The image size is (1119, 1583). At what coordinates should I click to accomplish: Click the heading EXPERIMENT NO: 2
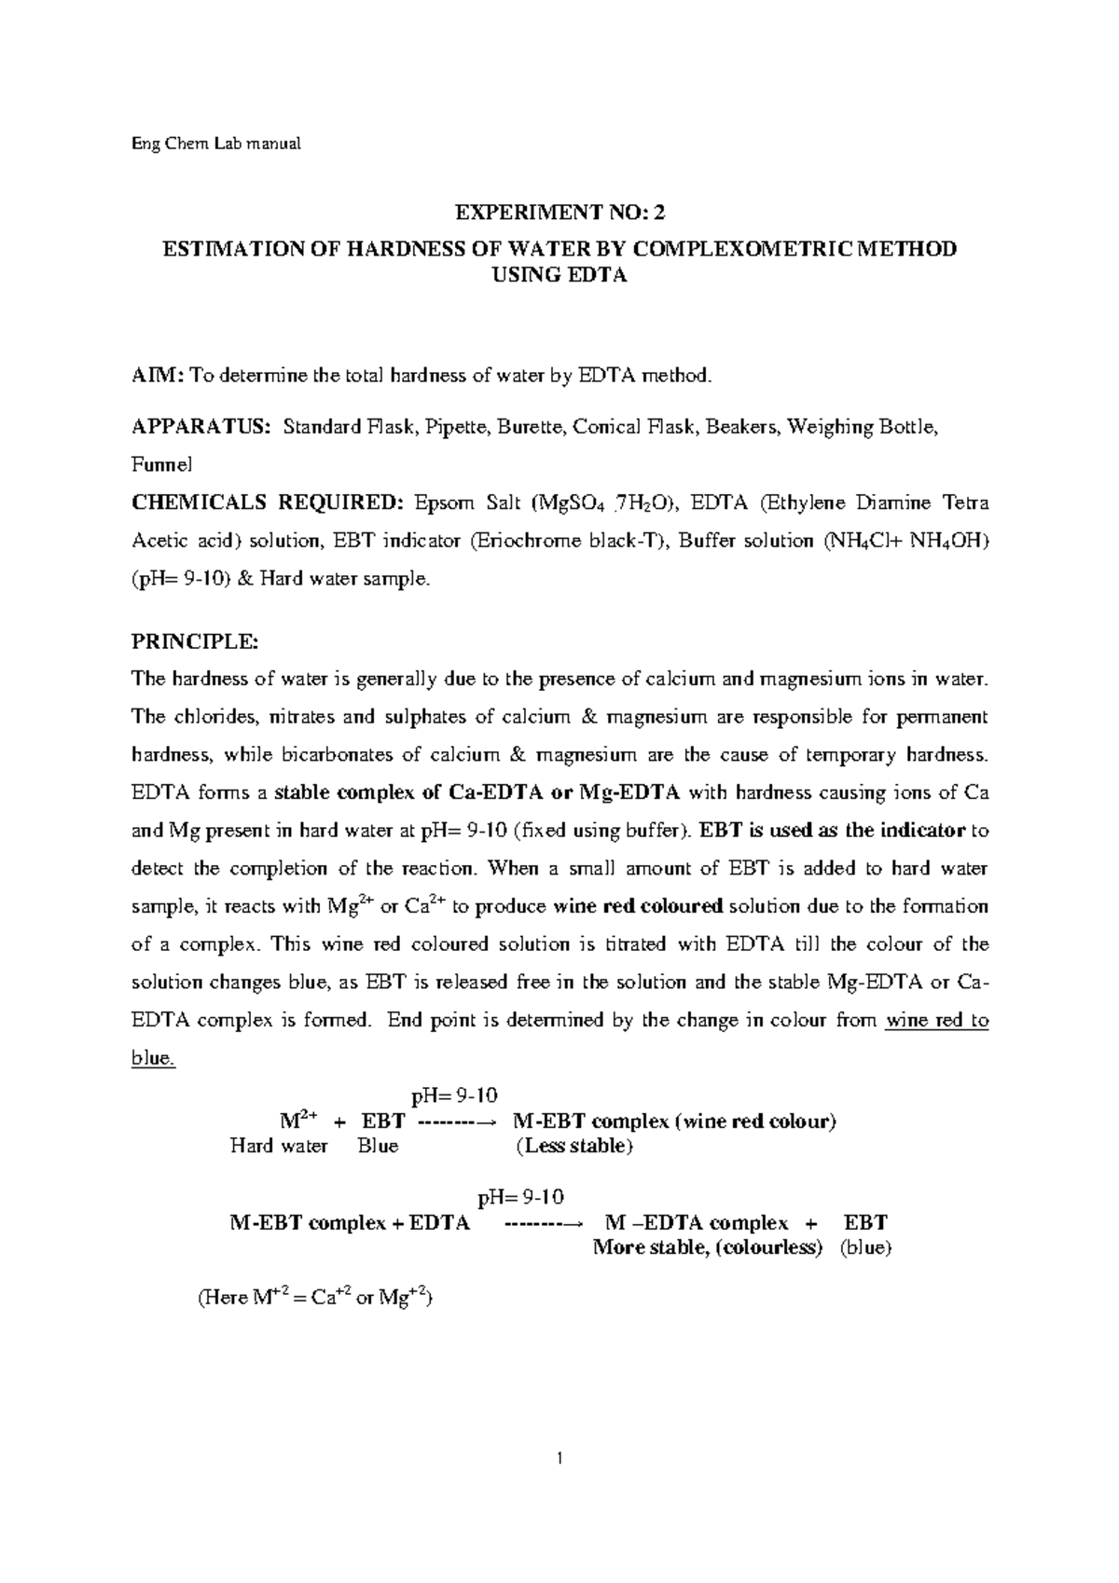point(559,213)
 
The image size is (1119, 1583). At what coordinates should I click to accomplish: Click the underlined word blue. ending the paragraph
point(153,1058)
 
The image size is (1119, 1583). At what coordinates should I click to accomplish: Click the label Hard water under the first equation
point(278,1146)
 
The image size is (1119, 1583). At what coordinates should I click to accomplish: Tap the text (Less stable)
point(573,1146)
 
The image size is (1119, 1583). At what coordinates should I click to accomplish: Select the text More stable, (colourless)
point(708,1247)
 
